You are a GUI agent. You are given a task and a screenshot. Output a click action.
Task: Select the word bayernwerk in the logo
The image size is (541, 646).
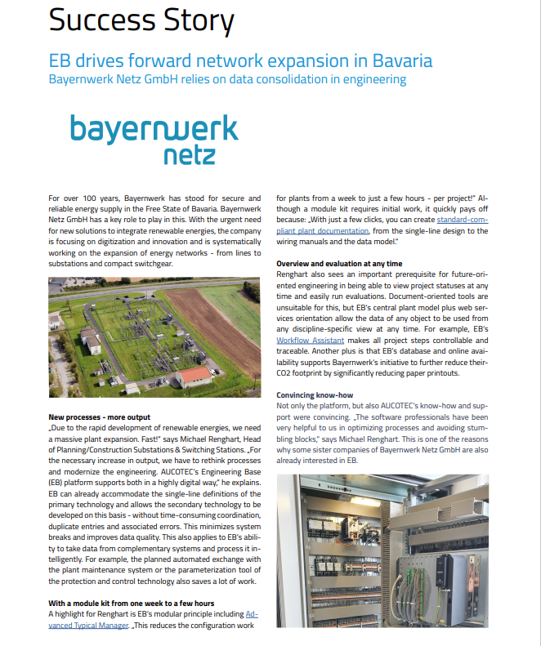point(153,128)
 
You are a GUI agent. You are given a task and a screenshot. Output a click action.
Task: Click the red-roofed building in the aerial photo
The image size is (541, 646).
point(194,376)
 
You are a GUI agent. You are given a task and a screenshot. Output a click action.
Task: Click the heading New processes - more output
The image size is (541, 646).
point(100,417)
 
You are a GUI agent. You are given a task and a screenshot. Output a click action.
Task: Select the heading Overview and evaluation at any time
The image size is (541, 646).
point(339,264)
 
